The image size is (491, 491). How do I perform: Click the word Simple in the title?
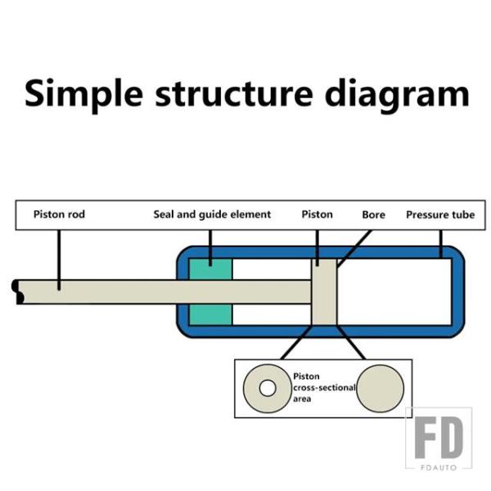point(83,93)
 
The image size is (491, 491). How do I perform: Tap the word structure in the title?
point(233,93)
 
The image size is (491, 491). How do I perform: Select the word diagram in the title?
point(396,93)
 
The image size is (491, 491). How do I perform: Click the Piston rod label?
point(59,214)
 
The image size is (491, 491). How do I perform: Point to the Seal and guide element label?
point(212,214)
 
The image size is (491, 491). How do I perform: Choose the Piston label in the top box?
point(317,214)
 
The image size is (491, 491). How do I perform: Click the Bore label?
point(373,214)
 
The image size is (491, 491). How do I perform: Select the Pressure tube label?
point(440,214)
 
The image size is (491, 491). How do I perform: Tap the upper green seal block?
point(211,269)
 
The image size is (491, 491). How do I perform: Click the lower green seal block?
point(211,314)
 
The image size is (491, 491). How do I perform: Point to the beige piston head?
point(324,292)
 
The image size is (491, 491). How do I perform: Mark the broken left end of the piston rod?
point(17,292)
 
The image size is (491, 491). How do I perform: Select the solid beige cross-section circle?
point(381,388)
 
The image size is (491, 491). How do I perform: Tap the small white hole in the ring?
point(268,388)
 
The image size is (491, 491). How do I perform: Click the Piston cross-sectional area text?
point(324,388)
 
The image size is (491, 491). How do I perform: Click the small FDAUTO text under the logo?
point(439,467)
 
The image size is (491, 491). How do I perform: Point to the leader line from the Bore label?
point(354,249)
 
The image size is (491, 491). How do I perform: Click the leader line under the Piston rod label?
point(59,260)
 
